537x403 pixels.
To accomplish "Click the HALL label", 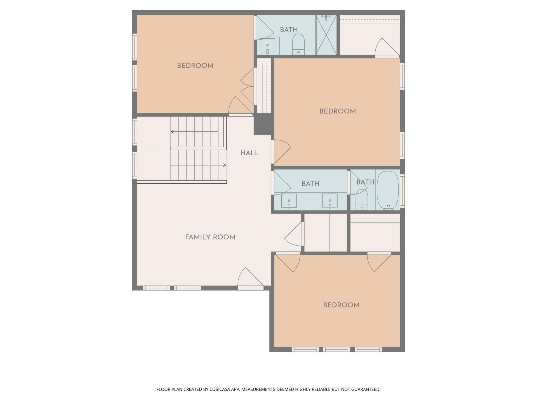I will [249, 153].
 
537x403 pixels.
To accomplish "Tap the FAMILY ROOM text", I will [210, 237].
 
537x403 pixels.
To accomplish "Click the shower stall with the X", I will [326, 35].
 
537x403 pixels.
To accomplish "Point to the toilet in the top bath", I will [298, 44].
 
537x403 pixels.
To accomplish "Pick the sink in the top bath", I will [267, 46].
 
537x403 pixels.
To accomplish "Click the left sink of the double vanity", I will [289, 201].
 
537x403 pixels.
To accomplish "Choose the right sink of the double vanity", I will [330, 201].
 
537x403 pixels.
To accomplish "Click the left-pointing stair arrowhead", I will [172, 132].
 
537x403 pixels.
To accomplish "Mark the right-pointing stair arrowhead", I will [224, 165].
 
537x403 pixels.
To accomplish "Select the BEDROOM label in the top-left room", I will [195, 66].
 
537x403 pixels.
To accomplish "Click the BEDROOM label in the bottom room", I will [341, 305].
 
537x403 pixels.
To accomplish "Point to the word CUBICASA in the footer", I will [221, 389].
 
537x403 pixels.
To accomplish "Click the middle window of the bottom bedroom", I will [337, 349].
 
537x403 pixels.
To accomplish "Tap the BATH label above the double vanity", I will [310, 184].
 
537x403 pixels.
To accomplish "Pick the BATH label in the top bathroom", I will [289, 30].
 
